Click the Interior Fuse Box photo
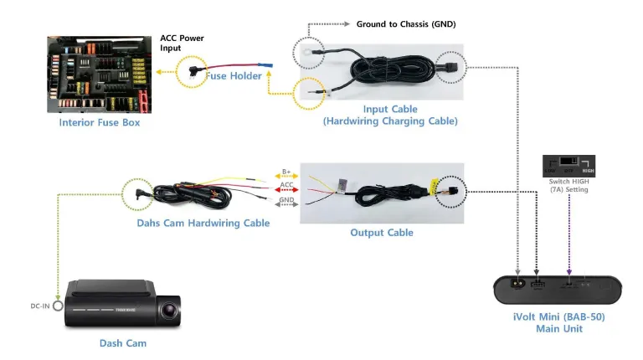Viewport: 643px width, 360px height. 100,74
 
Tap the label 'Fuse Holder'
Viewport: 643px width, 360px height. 234,76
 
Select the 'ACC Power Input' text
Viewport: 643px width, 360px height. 182,43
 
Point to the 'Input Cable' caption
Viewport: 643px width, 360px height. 390,110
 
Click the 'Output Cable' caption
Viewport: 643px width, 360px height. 382,232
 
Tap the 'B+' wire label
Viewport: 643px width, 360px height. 285,172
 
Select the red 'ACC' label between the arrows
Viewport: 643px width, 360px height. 285,185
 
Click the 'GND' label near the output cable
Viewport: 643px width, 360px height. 285,201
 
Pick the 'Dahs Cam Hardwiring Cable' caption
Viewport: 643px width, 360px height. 203,223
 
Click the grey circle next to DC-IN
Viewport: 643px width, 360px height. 57,306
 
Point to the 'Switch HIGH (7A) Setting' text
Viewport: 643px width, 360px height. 569,185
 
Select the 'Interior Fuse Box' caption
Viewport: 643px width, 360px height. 100,122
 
